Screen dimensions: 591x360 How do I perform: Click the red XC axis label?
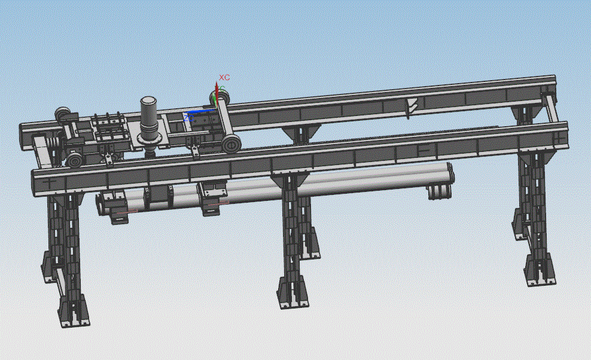[x=224, y=77]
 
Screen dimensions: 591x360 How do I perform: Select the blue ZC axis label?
[x=188, y=118]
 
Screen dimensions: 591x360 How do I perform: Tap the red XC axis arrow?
[x=217, y=94]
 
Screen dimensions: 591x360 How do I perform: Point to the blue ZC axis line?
[x=202, y=111]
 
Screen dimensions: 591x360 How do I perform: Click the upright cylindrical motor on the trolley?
[x=148, y=117]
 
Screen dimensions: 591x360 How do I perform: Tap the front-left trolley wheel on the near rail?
[x=74, y=160]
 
